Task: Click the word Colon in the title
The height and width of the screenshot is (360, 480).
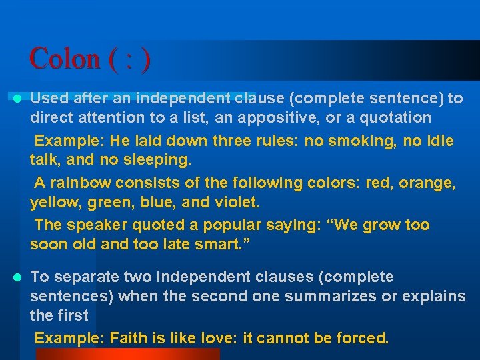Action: (x=64, y=59)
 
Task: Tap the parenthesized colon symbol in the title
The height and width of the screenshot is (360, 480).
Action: (x=129, y=59)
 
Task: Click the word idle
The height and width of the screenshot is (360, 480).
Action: (x=439, y=141)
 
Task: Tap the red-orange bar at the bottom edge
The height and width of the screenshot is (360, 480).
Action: (x=127, y=354)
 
